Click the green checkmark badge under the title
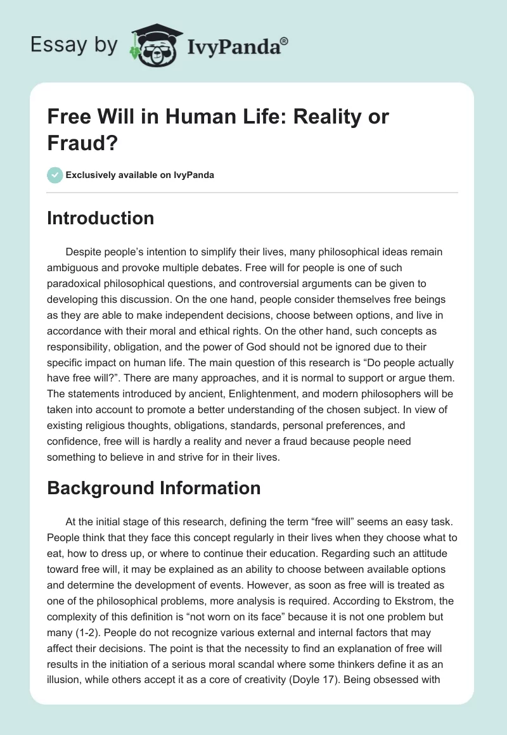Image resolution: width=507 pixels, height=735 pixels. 55,175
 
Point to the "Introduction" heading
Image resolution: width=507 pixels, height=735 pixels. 101,218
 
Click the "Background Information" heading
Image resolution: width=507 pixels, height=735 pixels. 154,488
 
